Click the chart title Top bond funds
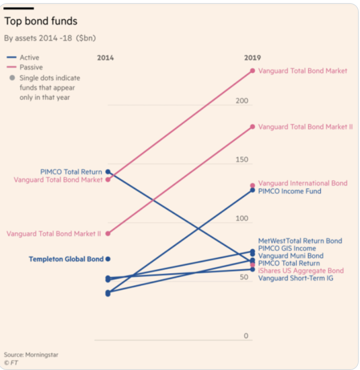(41, 21)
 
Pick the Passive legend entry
(31, 67)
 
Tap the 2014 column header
(105, 58)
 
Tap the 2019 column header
(252, 58)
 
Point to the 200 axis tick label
(242, 101)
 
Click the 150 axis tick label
(242, 160)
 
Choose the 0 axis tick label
(246, 336)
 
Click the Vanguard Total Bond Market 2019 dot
(253, 71)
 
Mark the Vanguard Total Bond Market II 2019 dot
(253, 126)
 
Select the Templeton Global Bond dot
(108, 259)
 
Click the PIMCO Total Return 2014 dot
(108, 172)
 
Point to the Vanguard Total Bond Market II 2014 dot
(108, 233)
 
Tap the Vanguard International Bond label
(303, 183)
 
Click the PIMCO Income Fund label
(290, 191)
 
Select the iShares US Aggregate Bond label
(301, 271)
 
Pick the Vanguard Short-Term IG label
(296, 278)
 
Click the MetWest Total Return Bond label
(300, 241)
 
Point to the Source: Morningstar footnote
(31, 355)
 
